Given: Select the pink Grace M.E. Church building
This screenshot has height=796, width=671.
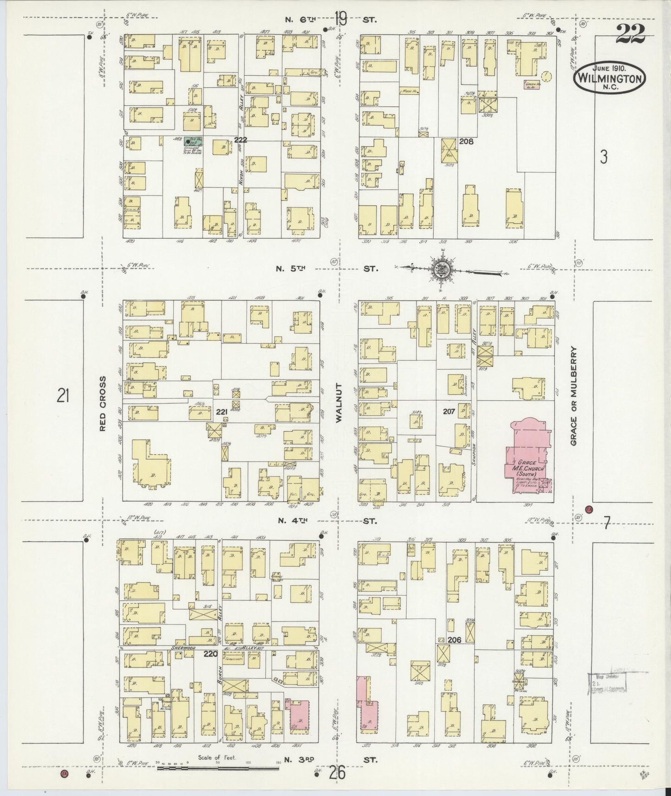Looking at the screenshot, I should click(x=528, y=455).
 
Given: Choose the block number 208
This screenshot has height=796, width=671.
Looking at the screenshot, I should click(x=466, y=141).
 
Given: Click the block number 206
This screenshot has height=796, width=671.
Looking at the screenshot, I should click(x=454, y=639).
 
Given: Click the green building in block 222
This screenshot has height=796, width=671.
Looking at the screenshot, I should click(x=190, y=141).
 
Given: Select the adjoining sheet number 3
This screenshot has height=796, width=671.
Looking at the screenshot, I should click(x=603, y=157).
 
